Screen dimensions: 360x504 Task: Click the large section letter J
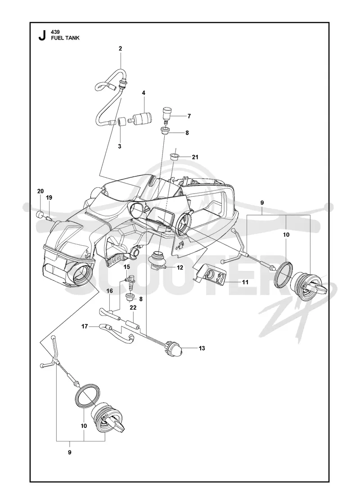click(42, 36)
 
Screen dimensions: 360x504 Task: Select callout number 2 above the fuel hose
click(120, 49)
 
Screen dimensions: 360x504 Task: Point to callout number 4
click(144, 93)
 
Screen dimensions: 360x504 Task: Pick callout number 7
click(189, 116)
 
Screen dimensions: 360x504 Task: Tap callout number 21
click(195, 157)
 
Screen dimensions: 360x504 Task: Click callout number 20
click(40, 191)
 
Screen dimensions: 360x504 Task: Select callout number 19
click(49, 198)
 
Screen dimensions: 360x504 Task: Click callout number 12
click(180, 267)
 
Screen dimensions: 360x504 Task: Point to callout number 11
click(245, 282)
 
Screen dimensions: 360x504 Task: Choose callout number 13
click(202, 348)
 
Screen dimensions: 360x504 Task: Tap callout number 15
click(127, 267)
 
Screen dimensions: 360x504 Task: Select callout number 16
click(110, 291)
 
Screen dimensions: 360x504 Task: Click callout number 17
click(85, 326)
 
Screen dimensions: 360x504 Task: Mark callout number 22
click(133, 308)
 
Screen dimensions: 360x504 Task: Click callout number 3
click(120, 146)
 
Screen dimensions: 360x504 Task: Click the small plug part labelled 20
click(39, 214)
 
